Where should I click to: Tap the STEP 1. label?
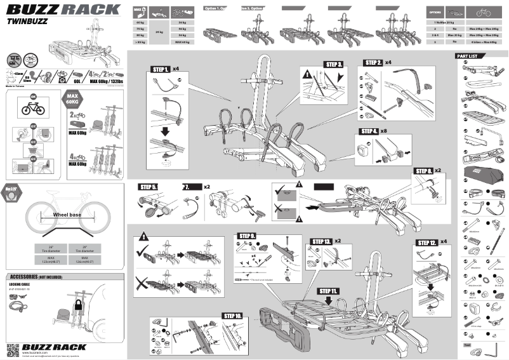point(159,69)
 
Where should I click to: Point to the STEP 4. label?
point(369,131)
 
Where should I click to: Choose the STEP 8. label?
point(424,171)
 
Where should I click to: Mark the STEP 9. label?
point(246,236)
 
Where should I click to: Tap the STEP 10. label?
point(232,315)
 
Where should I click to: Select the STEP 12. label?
point(426,243)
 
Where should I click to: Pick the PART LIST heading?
point(470,57)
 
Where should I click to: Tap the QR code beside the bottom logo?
point(15,349)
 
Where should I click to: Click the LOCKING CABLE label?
point(21,284)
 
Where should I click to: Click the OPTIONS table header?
point(435,12)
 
